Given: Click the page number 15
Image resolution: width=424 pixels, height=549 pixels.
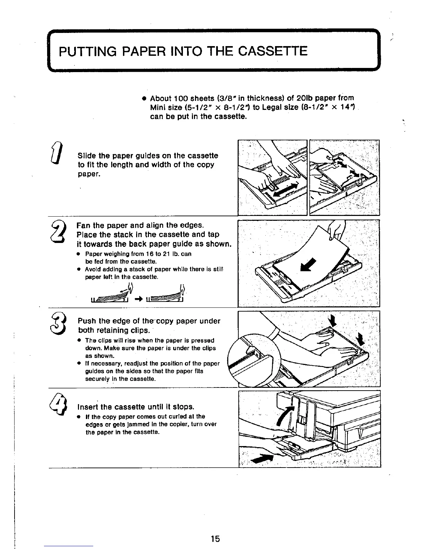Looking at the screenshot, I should (215, 539).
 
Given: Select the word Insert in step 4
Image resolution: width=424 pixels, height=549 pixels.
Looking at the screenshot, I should (89, 406).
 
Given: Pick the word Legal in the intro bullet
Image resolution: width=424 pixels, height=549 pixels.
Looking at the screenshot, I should (273, 107).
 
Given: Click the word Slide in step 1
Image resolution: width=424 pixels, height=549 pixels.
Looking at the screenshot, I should (87, 156).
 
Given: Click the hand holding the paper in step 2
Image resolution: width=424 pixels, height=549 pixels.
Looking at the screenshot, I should (335, 230).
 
